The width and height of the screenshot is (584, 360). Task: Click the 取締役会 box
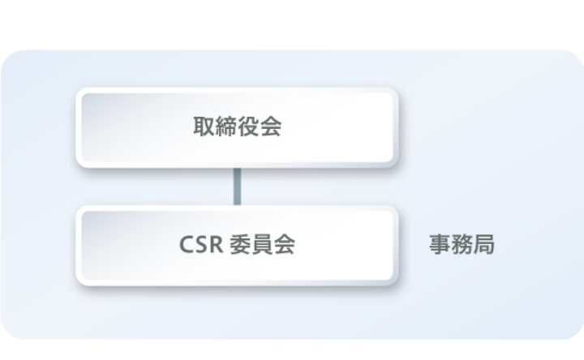[237, 127]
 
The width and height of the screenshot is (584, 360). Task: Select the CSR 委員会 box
[237, 245]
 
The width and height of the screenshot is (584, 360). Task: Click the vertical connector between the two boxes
[238, 186]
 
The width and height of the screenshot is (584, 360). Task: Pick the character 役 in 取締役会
[248, 127]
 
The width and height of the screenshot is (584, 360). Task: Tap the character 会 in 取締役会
[270, 127]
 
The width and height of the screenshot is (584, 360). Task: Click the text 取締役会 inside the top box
[237, 127]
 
